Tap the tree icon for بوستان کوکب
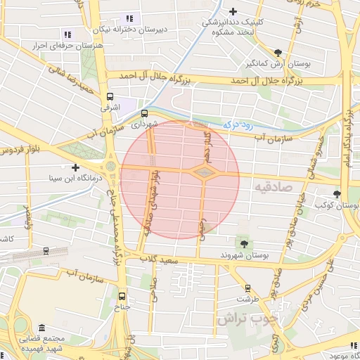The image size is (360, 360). click(x=337, y=194)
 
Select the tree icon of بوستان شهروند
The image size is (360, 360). click(x=244, y=243)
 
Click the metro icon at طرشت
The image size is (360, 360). click(x=247, y=288)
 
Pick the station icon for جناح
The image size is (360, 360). click(x=123, y=296)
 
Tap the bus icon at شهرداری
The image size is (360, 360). click(x=144, y=112)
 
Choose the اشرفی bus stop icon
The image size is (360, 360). click(x=110, y=97)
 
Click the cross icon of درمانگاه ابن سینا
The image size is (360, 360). click(x=75, y=167)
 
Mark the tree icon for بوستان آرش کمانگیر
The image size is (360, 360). click(x=278, y=53)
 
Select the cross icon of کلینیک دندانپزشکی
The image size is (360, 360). click(x=233, y=11)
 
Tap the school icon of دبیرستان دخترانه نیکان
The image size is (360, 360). click(x=128, y=18)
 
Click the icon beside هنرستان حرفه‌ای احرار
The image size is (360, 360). click(x=67, y=34)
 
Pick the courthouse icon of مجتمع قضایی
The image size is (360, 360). click(x=41, y=328)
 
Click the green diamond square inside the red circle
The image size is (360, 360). click(x=202, y=172)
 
